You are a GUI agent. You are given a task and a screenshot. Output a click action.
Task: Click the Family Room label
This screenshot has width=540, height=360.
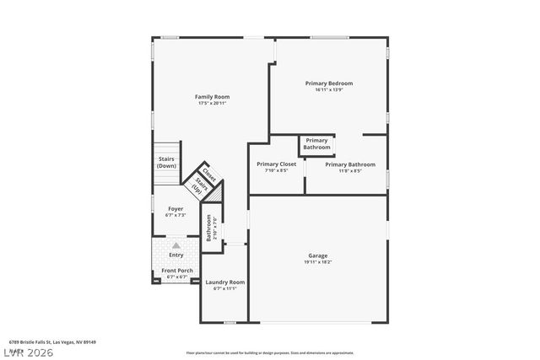pyautogui.click(x=212, y=97)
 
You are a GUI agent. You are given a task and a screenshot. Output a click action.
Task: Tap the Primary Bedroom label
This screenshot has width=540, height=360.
pyautogui.click(x=328, y=83)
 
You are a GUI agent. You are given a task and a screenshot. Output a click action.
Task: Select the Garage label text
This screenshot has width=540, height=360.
pyautogui.click(x=317, y=255)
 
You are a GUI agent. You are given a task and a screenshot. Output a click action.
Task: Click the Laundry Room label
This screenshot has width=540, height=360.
pyautogui.click(x=224, y=282)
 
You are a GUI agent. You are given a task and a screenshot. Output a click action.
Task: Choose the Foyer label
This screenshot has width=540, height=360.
pyautogui.click(x=175, y=208)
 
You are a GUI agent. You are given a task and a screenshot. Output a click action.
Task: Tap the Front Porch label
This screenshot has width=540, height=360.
pyautogui.click(x=177, y=271)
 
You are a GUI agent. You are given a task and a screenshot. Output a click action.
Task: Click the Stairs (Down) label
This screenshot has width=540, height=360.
pyautogui.click(x=166, y=162)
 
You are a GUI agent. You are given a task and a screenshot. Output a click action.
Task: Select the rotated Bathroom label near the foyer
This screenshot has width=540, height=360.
pyautogui.click(x=209, y=228)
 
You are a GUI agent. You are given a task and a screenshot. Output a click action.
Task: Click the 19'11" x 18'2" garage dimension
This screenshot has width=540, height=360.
pyautogui.click(x=317, y=262)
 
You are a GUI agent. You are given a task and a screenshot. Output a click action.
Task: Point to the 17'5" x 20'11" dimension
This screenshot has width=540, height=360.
pyautogui.click(x=212, y=104)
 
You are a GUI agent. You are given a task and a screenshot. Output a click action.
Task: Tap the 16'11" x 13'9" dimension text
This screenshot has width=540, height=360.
pyautogui.click(x=328, y=90)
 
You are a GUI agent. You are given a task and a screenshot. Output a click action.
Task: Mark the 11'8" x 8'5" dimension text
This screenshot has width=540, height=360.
pyautogui.click(x=350, y=171)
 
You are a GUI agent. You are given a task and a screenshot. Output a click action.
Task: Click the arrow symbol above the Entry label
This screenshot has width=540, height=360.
pyautogui.click(x=176, y=245)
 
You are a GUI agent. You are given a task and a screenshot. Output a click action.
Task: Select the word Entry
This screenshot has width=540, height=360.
pyautogui.click(x=176, y=255)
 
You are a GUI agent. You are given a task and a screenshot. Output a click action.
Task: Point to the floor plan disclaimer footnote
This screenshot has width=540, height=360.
pyautogui.click(x=269, y=352)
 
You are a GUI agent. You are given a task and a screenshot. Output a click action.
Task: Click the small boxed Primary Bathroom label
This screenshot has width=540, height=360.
pyautogui.click(x=316, y=144)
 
